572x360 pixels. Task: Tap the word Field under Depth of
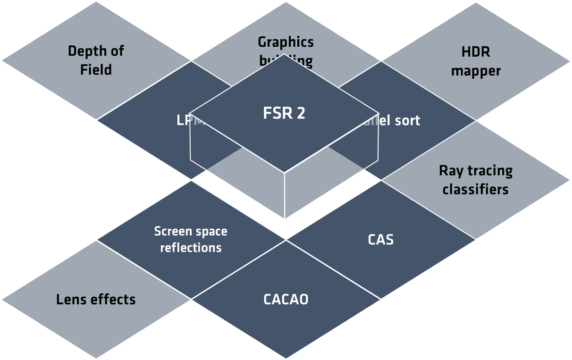coord(96,70)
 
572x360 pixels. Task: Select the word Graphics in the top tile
coord(286,42)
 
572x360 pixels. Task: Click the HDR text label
coord(476,51)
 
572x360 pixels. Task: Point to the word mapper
coord(476,71)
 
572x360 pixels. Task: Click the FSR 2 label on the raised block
coord(284,114)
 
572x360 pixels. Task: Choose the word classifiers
coord(476,190)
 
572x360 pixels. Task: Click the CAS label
coord(380,240)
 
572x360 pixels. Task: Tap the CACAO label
coord(286,299)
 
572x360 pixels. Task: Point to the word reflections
coord(191,248)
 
